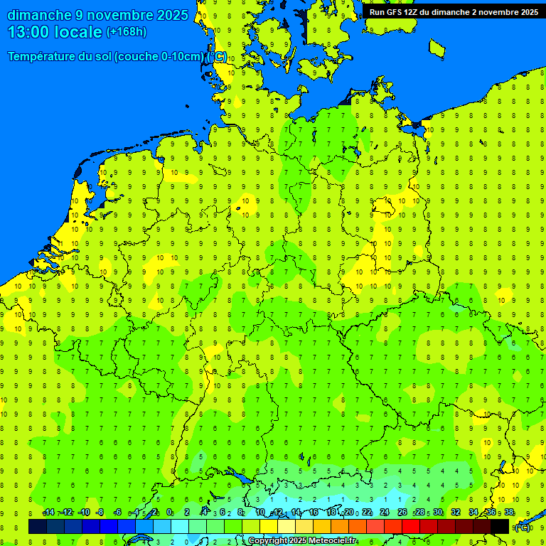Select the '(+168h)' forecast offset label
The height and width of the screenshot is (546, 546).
point(126,32)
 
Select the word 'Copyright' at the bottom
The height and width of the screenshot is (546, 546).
point(268,541)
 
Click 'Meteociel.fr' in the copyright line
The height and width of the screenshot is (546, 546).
point(333,541)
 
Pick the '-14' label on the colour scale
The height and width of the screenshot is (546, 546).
point(48,513)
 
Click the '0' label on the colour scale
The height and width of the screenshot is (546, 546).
point(169,513)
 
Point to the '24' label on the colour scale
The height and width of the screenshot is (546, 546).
point(384,513)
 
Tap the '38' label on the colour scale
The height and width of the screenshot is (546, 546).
point(509,513)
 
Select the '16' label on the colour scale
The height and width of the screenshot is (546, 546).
point(313,513)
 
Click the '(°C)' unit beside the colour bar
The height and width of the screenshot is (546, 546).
point(523,527)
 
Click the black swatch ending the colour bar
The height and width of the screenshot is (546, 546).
point(500,527)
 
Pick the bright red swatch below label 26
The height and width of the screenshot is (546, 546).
point(411,527)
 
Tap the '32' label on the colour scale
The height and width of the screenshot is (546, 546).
point(456,513)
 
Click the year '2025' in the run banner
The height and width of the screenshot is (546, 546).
point(528,12)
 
